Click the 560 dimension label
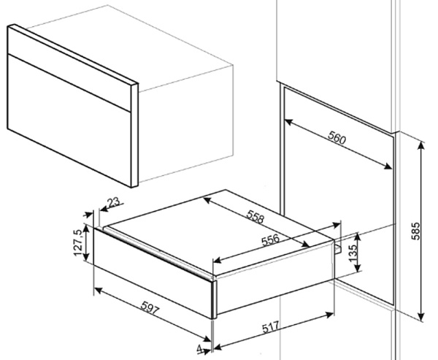click(x=337, y=137)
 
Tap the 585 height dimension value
click(x=415, y=231)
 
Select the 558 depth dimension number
click(x=255, y=217)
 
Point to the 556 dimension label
click(x=270, y=240)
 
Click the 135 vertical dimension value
click(x=353, y=253)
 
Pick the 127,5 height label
click(x=78, y=242)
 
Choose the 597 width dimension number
click(x=150, y=307)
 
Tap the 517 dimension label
click(x=271, y=327)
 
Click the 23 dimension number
click(x=114, y=202)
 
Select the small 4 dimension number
click(x=199, y=348)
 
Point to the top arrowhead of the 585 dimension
click(x=421, y=146)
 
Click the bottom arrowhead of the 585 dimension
click(x=421, y=316)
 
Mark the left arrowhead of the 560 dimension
click(x=288, y=122)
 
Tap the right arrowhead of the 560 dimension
click(x=388, y=166)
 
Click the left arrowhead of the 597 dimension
click(x=98, y=290)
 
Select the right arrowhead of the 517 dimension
click(x=330, y=315)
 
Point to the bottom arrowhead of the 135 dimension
click(x=357, y=268)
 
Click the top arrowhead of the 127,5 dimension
click(x=86, y=229)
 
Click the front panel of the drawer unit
click(x=154, y=273)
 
